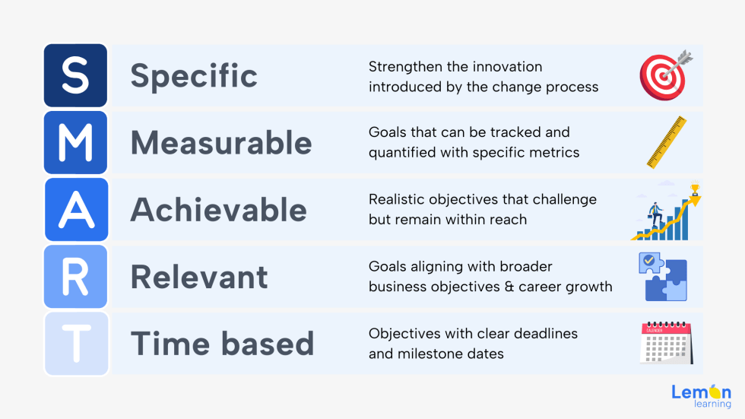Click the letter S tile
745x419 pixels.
(75, 75)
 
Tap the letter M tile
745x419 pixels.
(75, 142)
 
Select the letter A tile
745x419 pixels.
(75, 209)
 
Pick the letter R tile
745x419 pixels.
(75, 276)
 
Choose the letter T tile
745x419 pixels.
(75, 343)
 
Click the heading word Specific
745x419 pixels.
(194, 76)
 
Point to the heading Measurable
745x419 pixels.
(221, 143)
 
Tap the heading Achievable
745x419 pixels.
(219, 210)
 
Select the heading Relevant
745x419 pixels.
(199, 277)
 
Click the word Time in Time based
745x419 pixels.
(163, 344)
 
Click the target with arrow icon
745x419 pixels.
(664, 75)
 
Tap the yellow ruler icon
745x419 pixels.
(667, 142)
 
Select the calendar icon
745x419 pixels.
(665, 343)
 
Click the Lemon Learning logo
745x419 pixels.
(700, 396)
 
